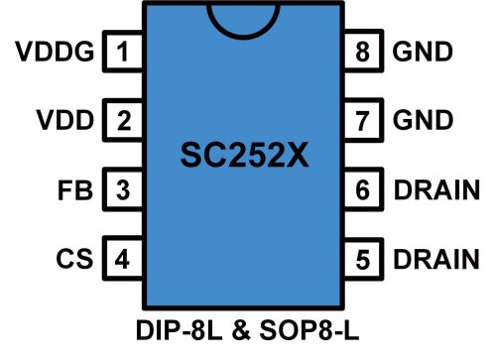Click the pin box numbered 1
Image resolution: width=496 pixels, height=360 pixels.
click(x=123, y=52)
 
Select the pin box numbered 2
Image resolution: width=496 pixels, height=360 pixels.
click(x=123, y=121)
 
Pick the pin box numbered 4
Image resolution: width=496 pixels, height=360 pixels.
click(x=123, y=260)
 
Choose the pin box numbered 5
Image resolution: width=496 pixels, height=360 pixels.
click(x=363, y=260)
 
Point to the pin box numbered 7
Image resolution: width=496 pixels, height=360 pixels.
click(x=363, y=121)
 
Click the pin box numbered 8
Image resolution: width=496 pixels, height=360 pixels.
click(x=363, y=52)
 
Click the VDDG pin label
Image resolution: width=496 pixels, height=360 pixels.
click(x=56, y=52)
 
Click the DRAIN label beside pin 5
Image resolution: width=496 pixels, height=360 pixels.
click(x=438, y=260)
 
